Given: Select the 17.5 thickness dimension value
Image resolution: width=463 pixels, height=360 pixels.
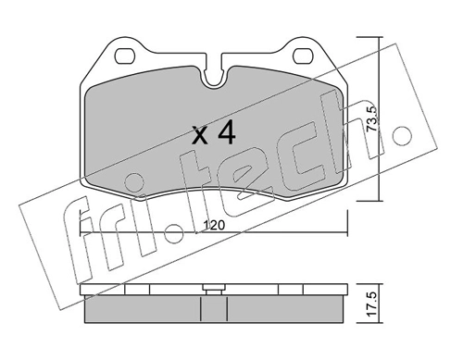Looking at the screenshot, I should coord(370,304).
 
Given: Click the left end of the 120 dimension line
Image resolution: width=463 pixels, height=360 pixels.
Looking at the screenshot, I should coord(82,234).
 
